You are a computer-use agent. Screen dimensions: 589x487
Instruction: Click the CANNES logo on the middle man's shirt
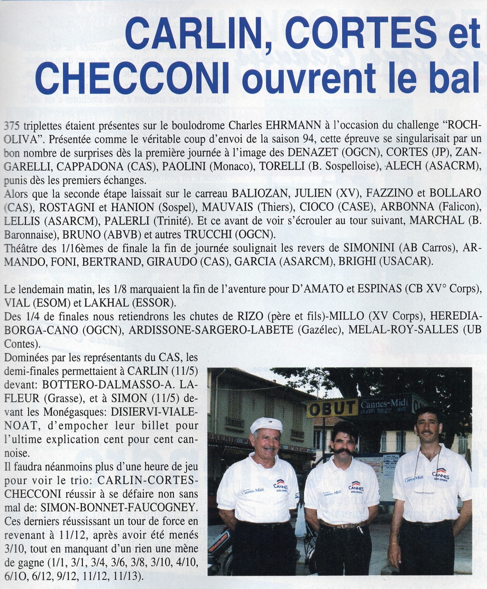(x=355, y=485)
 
